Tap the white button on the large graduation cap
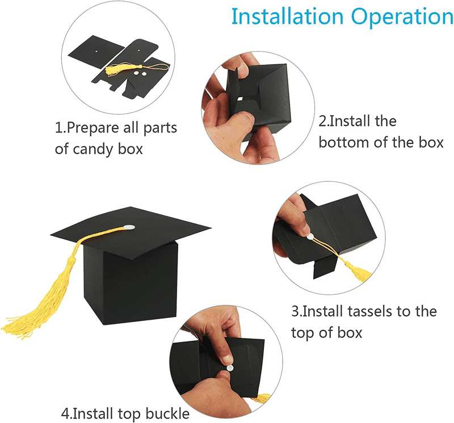[129, 228]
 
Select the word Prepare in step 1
[95, 128]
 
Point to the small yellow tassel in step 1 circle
[116, 70]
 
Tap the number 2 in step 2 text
[322, 121]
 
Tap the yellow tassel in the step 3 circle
[356, 271]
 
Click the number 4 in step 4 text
[65, 412]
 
